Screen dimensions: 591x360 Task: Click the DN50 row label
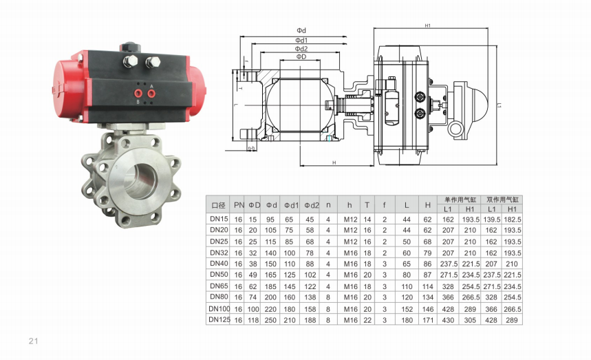pos(219,275)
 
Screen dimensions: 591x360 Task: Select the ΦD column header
pos(255,205)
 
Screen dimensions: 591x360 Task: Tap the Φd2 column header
pos(312,205)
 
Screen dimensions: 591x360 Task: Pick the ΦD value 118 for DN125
pos(253,320)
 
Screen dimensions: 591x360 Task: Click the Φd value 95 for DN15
pos(270,220)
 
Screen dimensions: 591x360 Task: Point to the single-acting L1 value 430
pos(448,320)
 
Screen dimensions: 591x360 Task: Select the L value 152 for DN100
pos(407,309)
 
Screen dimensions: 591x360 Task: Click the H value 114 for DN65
pos(427,286)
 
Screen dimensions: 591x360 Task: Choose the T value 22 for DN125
pos(367,320)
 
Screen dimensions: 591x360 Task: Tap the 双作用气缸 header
pos(502,200)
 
